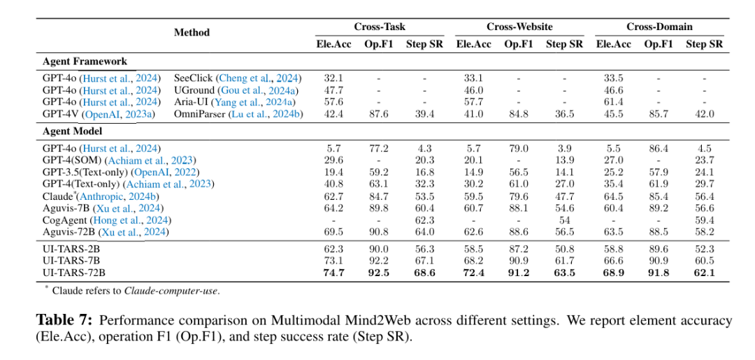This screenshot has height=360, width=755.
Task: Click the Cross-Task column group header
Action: (x=380, y=27)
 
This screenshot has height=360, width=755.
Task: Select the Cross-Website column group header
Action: (x=519, y=27)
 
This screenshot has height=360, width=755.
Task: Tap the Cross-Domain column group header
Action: (x=659, y=27)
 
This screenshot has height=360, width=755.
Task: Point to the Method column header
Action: (x=192, y=32)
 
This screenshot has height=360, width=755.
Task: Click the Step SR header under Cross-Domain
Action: (x=705, y=45)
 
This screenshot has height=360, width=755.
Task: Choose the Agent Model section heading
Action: (x=73, y=131)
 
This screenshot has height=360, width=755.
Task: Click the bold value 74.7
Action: (x=333, y=272)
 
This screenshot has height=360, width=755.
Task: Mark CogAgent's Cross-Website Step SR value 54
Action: (x=565, y=220)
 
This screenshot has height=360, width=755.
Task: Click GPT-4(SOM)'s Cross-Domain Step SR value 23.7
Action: (x=705, y=160)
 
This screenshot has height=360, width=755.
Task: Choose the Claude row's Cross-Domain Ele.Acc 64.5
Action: (x=613, y=197)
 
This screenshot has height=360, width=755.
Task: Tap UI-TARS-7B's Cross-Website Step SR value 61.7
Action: (x=565, y=261)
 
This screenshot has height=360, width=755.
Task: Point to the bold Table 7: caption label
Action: (x=64, y=321)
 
